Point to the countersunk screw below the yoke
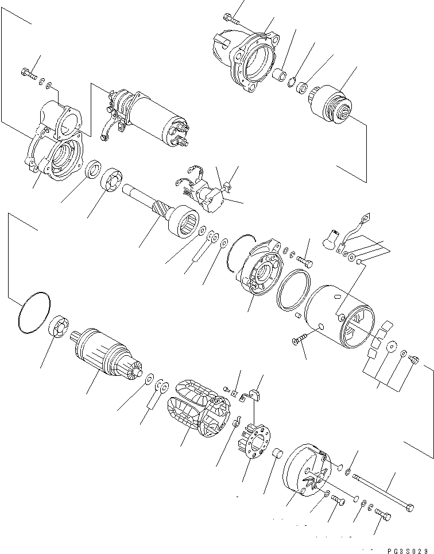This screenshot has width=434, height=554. coord(299,341)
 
